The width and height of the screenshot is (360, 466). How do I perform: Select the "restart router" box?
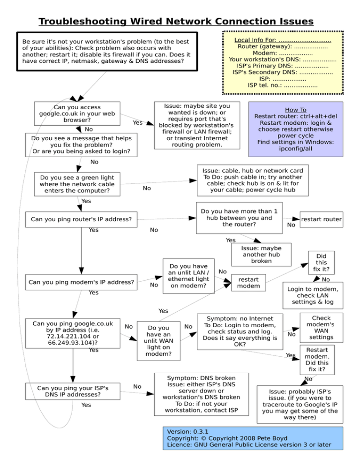[321, 219]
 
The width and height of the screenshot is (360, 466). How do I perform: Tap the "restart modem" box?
[248, 282]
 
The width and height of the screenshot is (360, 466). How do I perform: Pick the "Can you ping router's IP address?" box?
[81, 219]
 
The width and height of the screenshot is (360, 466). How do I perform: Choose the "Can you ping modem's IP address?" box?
[81, 282]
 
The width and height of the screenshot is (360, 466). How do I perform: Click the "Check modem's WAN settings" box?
[321, 327]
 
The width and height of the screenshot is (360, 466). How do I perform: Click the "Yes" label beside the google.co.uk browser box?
[138, 122]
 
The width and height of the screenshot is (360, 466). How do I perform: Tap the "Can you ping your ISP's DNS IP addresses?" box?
[73, 392]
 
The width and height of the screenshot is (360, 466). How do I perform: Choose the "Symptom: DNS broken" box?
[202, 394]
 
